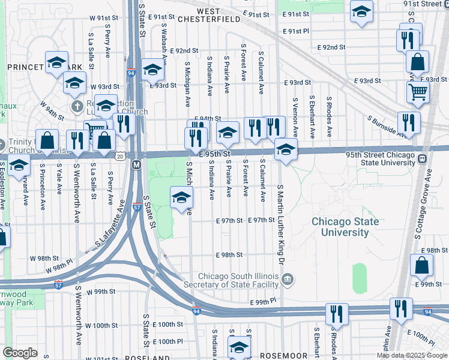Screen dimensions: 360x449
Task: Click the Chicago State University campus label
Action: (x=345, y=227)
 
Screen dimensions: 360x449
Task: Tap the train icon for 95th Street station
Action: (x=423, y=159)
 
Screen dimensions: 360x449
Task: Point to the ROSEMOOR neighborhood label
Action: (x=283, y=356)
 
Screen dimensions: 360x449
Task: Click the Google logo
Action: (x=20, y=353)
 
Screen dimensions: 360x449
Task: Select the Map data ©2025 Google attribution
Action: (x=412, y=355)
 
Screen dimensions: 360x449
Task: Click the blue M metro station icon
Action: (x=136, y=164)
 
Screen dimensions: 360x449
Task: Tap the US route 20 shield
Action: (x=120, y=156)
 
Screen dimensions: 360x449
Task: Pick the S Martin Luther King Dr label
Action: (x=280, y=222)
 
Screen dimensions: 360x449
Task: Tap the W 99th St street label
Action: (x=100, y=292)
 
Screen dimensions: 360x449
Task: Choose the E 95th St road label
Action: (x=215, y=154)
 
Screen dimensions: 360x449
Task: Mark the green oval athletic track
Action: (x=359, y=278)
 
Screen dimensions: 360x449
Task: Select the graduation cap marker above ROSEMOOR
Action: (x=239, y=348)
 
